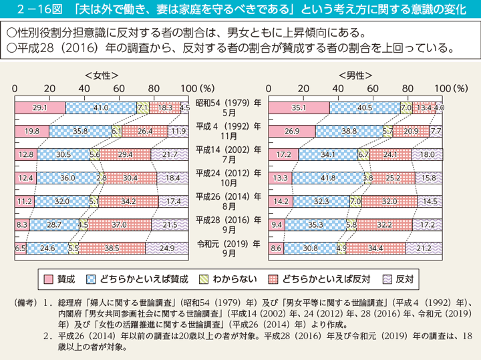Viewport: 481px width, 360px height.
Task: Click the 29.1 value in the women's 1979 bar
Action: [x=39, y=107]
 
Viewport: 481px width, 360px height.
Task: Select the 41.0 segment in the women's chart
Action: [x=101, y=107]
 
